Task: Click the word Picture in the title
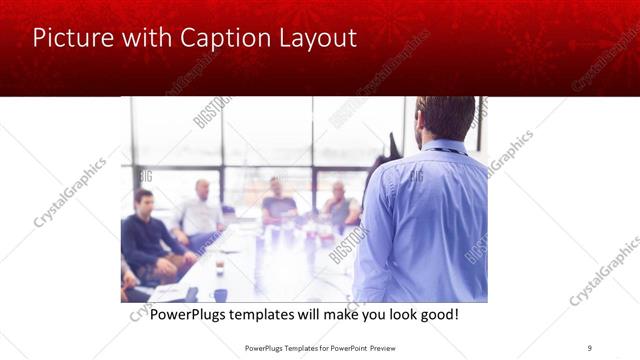pyautogui.click(x=69, y=39)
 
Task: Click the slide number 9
pyautogui.click(x=588, y=348)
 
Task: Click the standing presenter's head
pyautogui.click(x=446, y=118)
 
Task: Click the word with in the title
pyautogui.click(x=144, y=39)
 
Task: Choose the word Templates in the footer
pyautogui.click(x=299, y=348)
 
